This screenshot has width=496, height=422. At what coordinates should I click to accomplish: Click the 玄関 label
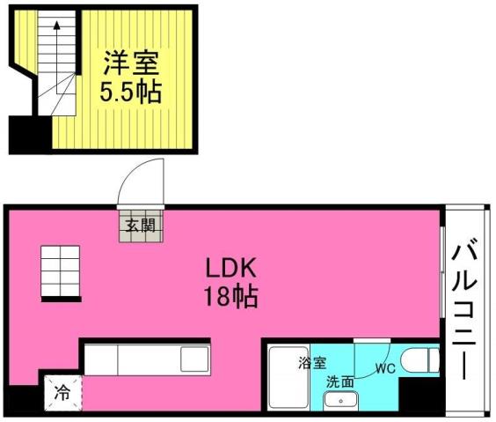pyautogui.click(x=139, y=226)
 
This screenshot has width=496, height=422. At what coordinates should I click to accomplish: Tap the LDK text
pyautogui.click(x=228, y=267)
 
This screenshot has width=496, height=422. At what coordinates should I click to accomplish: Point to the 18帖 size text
pyautogui.click(x=227, y=296)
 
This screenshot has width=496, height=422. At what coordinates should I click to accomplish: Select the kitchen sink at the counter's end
pyautogui.click(x=193, y=359)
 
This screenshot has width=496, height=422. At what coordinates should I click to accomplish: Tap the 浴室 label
pyautogui.click(x=310, y=362)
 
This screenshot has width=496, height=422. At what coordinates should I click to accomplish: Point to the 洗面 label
pyautogui.click(x=339, y=381)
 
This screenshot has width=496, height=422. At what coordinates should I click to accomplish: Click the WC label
pyautogui.click(x=385, y=368)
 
